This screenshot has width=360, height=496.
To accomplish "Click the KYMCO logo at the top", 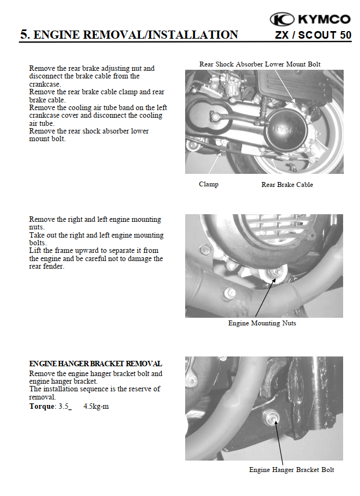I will pyautogui.click(x=310, y=20).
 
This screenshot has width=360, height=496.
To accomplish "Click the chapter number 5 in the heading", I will pyautogui.click(x=23, y=35).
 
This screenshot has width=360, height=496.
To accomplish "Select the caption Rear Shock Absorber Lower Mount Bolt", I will pyautogui.click(x=260, y=64).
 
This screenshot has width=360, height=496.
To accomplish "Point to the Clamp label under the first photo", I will pyautogui.click(x=209, y=184).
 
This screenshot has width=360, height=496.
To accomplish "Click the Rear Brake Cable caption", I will pyautogui.click(x=287, y=185).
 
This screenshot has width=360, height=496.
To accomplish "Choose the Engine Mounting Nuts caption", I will pyautogui.click(x=262, y=323).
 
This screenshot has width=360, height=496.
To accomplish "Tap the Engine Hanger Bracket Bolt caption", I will pyautogui.click(x=291, y=470).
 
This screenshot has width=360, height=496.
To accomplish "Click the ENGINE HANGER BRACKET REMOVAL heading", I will pyautogui.click(x=95, y=364).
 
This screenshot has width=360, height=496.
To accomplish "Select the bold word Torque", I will pyautogui.click(x=42, y=407).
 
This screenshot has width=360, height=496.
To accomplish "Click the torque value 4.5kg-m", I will pyautogui.click(x=96, y=407).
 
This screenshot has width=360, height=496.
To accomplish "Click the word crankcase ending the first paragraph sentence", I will pyautogui.click(x=45, y=84).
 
